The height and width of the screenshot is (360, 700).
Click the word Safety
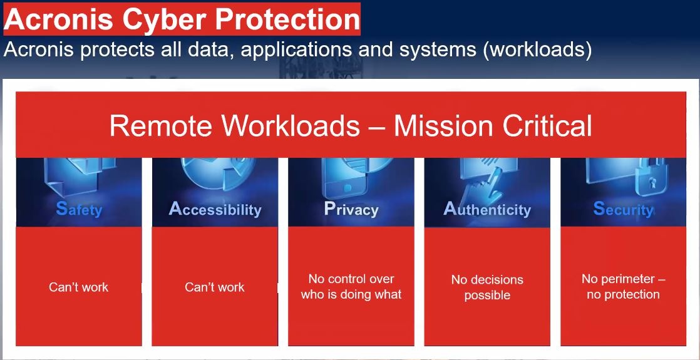pos(79,209)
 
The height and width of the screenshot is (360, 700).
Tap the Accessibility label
pos(215,209)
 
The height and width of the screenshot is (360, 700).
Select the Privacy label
pos(351,209)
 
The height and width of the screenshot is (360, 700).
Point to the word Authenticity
pos(487,209)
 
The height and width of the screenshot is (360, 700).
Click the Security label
pos(623,208)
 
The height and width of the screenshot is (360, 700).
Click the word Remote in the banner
pos(161,126)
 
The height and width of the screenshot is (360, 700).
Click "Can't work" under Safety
pos(78,287)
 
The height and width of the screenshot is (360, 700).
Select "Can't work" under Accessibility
pos(215,287)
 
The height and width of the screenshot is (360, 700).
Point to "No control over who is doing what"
pos(351,287)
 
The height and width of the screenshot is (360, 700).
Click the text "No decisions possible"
pos(487,287)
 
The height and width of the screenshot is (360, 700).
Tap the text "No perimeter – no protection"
pos(623,286)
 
